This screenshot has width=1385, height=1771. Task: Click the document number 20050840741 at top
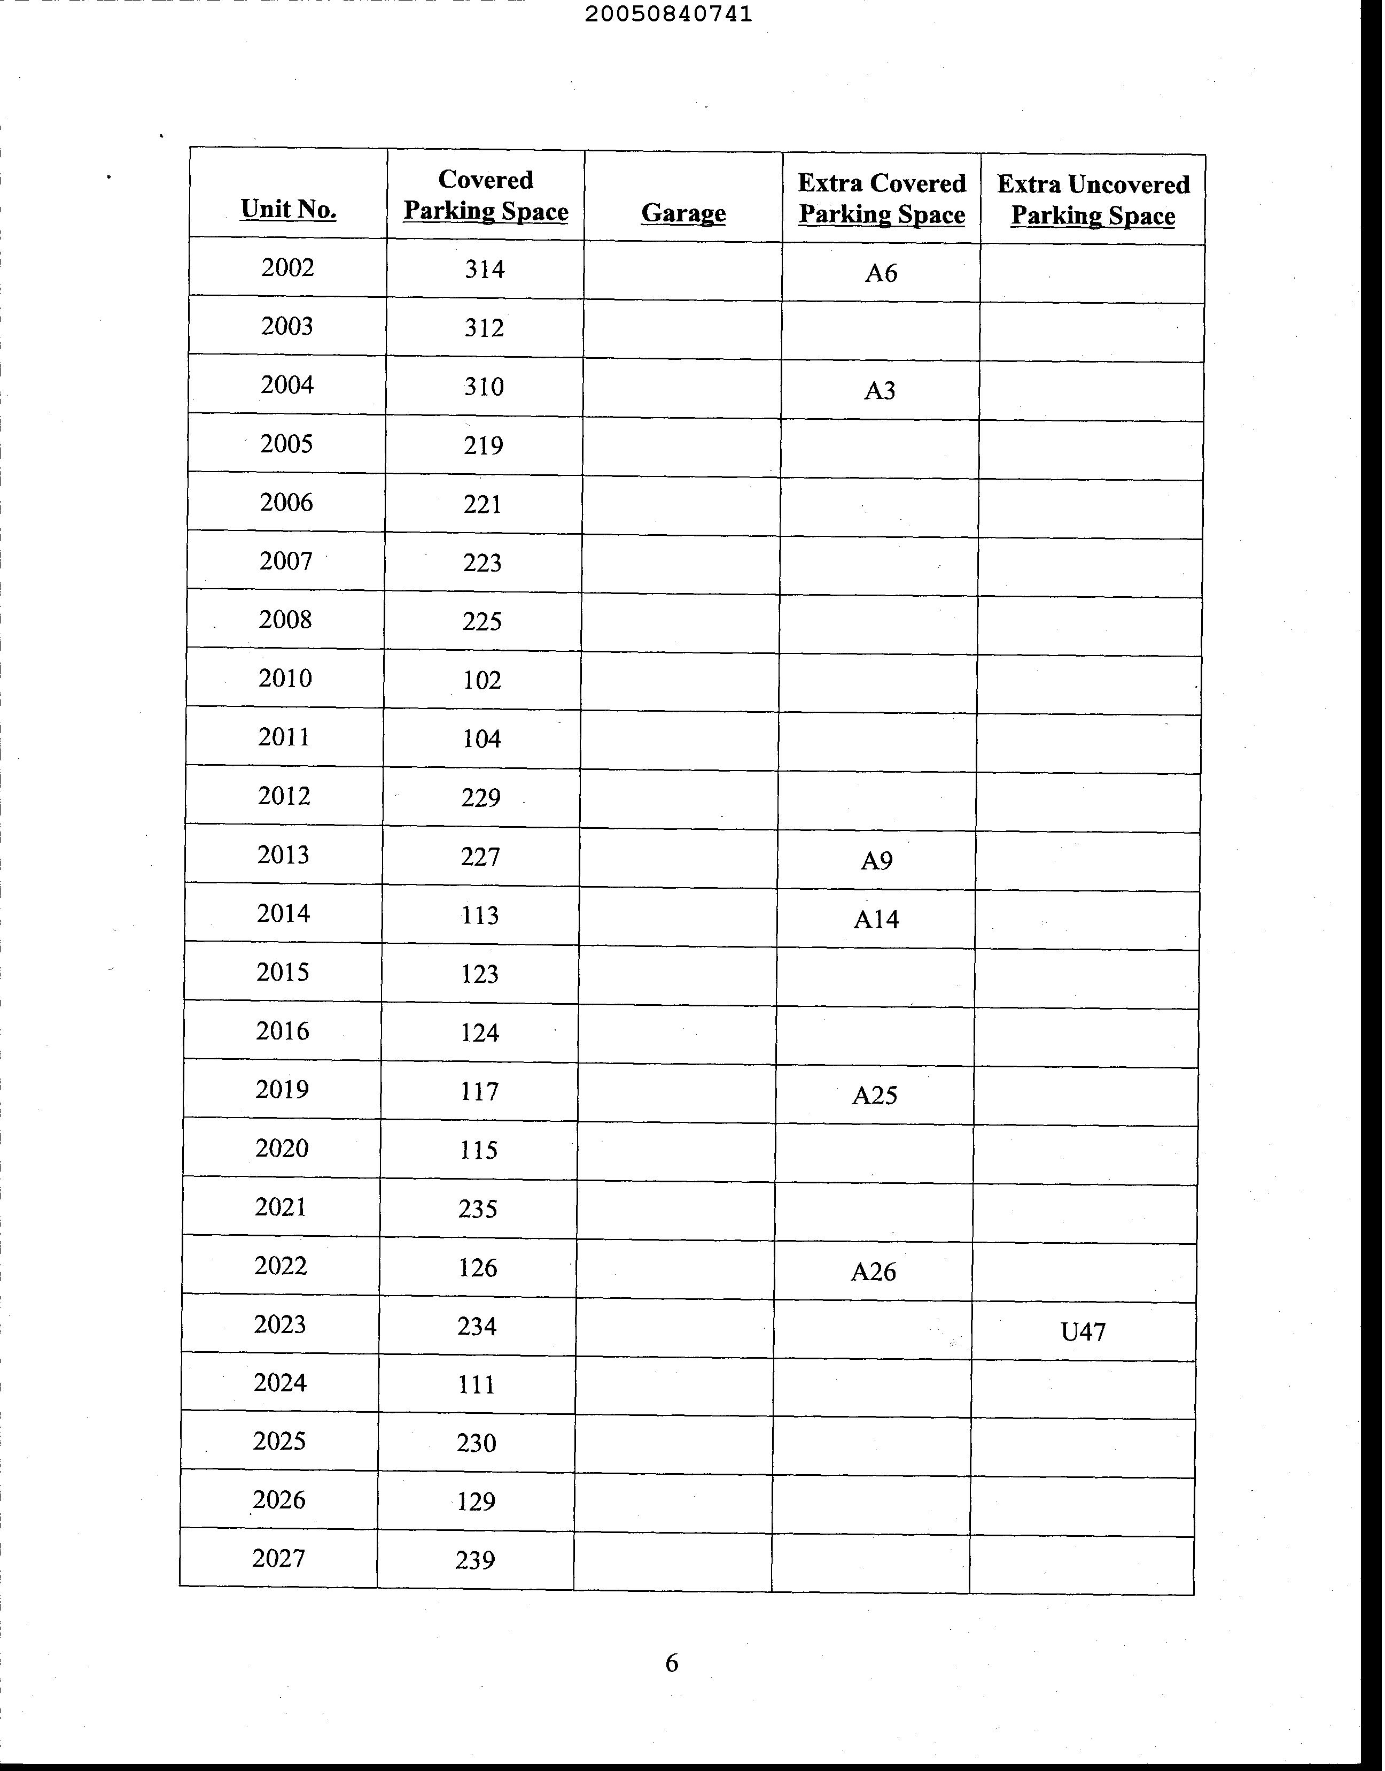pyautogui.click(x=668, y=14)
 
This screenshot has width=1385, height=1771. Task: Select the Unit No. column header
pyautogui.click(x=288, y=209)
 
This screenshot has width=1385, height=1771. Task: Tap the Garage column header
pyautogui.click(x=683, y=213)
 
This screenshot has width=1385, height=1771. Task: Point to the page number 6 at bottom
pyautogui.click(x=672, y=1662)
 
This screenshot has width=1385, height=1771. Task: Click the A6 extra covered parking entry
pyautogui.click(x=881, y=273)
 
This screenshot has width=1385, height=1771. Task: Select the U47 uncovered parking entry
pyautogui.click(x=1083, y=1331)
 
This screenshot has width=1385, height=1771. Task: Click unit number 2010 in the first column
pyautogui.click(x=285, y=678)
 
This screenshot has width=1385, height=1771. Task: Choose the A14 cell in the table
pyautogui.click(x=876, y=919)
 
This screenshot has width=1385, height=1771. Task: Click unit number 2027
pyautogui.click(x=278, y=1558)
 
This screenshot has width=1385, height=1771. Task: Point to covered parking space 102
pyautogui.click(x=481, y=680)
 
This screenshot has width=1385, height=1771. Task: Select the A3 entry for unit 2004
pyautogui.click(x=879, y=391)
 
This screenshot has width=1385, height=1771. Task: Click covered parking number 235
pyautogui.click(x=478, y=1209)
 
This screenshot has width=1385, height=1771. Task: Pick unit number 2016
pyautogui.click(x=282, y=1030)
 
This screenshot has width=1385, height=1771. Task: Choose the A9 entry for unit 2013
pyautogui.click(x=876, y=860)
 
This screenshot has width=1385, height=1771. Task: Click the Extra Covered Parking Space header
pyautogui.click(x=882, y=199)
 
